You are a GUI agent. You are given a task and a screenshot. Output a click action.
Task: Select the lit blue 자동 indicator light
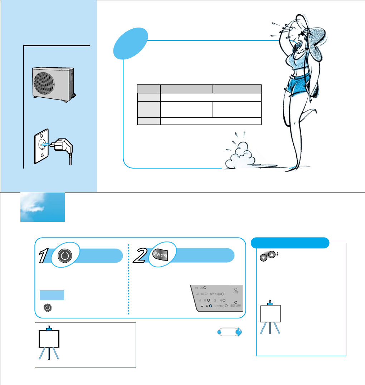[211, 306]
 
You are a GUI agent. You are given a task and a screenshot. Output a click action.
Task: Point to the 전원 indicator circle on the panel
[235, 289]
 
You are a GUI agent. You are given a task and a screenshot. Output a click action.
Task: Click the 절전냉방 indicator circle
[236, 302]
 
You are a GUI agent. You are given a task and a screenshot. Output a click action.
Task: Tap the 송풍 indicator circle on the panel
[205, 288]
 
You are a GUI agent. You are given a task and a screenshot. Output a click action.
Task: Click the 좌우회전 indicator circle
[226, 307]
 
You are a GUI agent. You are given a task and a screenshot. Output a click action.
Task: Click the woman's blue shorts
[299, 84]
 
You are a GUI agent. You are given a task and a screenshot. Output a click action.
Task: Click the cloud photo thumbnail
[43, 207]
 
